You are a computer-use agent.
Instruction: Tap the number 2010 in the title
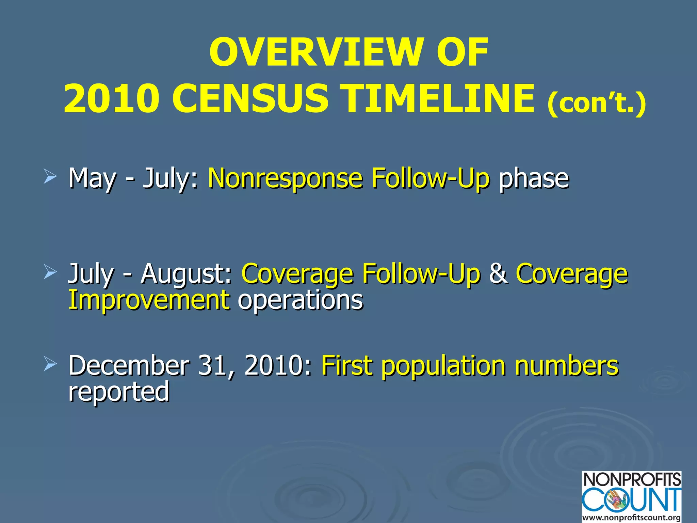(x=111, y=99)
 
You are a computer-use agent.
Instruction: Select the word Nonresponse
(x=285, y=178)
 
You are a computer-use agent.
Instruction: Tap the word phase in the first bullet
(x=533, y=178)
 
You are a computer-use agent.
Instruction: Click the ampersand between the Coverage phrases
(x=498, y=273)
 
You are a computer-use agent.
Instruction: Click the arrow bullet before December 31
(x=50, y=365)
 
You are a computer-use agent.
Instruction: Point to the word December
(x=129, y=366)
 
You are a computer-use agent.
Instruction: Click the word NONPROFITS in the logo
(x=632, y=480)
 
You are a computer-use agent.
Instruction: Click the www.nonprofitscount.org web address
(x=632, y=518)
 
